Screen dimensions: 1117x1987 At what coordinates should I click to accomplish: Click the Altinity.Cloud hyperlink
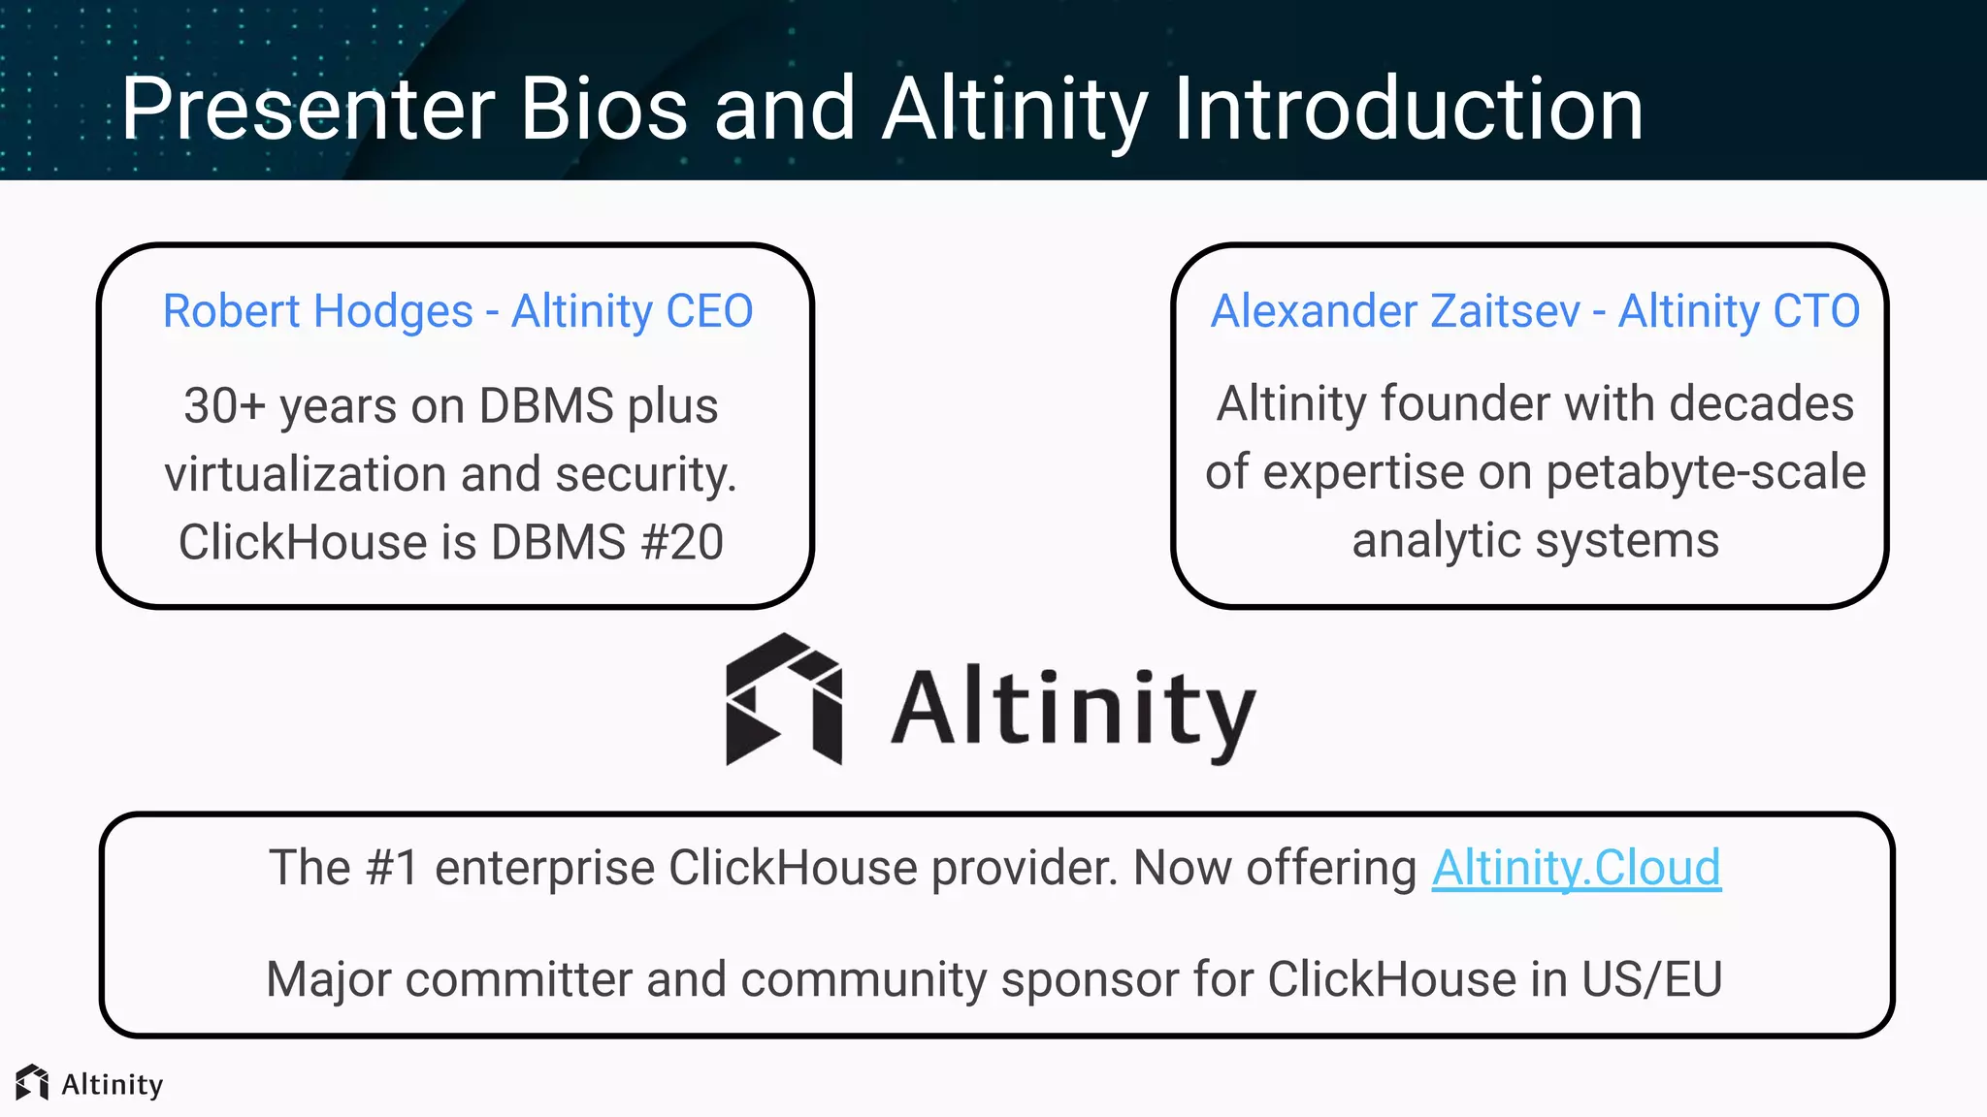coord(1576,868)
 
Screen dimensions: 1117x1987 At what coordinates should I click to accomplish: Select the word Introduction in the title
coord(1408,109)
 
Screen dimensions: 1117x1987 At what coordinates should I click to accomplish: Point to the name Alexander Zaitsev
coord(1395,312)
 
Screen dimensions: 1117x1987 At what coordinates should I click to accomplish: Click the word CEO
coord(709,312)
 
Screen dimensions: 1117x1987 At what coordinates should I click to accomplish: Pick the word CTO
coord(1816,312)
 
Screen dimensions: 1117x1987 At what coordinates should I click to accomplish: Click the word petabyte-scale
coord(1706,473)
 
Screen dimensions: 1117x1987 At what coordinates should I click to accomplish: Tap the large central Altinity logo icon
coord(784,699)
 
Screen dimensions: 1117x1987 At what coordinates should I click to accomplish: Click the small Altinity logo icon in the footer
coord(32,1083)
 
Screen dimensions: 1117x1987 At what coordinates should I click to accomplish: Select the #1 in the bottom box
coord(392,868)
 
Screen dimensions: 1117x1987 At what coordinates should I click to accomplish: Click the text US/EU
coord(1651,979)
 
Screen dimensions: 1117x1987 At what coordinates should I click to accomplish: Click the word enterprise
coord(544,868)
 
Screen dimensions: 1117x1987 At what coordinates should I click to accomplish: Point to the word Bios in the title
coord(603,109)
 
